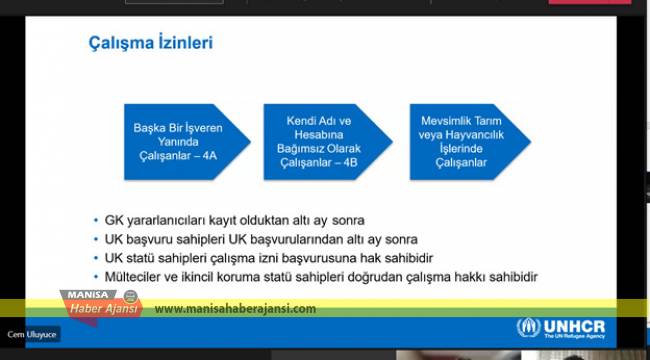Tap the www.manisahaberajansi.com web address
tap(236, 309)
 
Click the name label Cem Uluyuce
tap(30, 334)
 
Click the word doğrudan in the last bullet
tap(412, 276)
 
